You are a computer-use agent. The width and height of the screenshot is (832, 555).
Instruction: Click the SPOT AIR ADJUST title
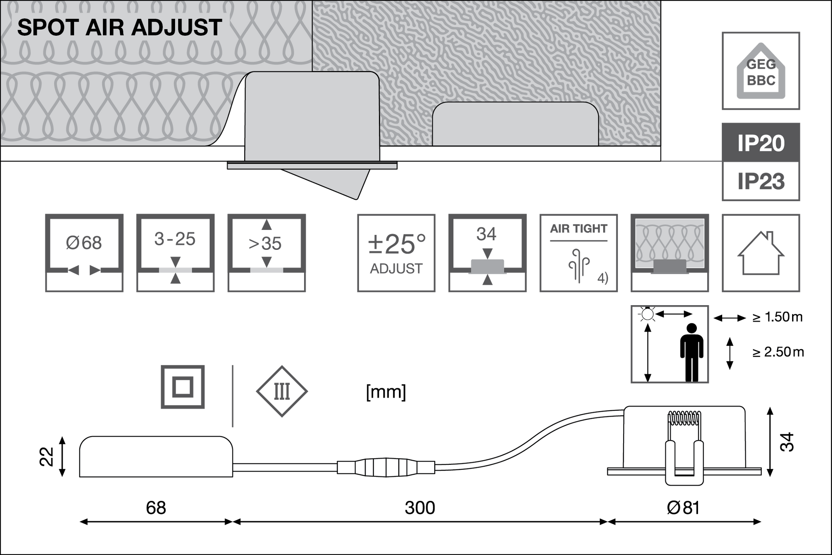[119, 28]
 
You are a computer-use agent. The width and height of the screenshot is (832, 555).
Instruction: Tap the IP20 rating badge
[761, 143]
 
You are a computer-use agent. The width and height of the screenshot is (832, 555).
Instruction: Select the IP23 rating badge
[761, 181]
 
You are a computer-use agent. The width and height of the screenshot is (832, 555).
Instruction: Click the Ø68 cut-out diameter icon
[84, 253]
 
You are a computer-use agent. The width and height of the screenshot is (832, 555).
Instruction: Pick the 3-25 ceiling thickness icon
[175, 253]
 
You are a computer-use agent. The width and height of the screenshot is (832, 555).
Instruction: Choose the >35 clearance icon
[266, 253]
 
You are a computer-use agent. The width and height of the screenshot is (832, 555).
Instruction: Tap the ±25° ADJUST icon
[396, 253]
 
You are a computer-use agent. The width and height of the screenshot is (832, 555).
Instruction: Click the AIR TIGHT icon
[578, 253]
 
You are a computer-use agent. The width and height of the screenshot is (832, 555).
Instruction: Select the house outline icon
[761, 253]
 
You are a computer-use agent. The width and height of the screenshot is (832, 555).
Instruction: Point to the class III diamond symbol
[282, 392]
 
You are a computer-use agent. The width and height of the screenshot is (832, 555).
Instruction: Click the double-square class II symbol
[183, 387]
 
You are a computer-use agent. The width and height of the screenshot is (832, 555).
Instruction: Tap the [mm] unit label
[386, 392]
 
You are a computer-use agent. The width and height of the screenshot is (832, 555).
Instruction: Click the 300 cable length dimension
[420, 508]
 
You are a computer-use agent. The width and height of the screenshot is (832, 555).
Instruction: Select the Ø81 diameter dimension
[683, 508]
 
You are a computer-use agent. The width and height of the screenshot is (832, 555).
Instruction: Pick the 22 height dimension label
[47, 456]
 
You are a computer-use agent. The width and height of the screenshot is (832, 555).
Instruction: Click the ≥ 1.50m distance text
[777, 318]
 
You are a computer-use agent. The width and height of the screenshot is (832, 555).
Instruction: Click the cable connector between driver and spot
[386, 467]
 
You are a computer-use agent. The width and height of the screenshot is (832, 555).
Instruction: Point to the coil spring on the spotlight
[684, 418]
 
